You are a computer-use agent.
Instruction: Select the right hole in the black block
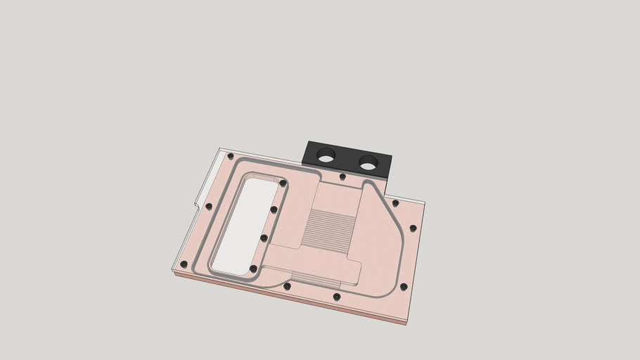click(x=368, y=165)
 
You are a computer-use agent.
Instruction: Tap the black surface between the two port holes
click(x=347, y=160)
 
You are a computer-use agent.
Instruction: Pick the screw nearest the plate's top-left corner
click(x=230, y=156)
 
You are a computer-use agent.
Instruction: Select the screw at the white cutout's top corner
click(x=283, y=184)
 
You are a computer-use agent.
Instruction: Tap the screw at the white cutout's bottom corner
click(x=253, y=269)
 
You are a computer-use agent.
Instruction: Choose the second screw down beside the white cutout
click(x=274, y=210)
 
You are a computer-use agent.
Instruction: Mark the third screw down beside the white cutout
click(x=264, y=238)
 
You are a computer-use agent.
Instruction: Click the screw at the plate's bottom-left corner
click(x=184, y=264)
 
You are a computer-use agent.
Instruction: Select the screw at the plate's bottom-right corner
click(x=404, y=287)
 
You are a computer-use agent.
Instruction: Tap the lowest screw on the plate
click(x=336, y=297)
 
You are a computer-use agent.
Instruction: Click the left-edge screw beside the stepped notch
click(x=209, y=206)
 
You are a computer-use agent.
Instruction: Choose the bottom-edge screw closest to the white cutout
click(x=286, y=286)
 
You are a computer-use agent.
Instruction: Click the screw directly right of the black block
click(x=395, y=203)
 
